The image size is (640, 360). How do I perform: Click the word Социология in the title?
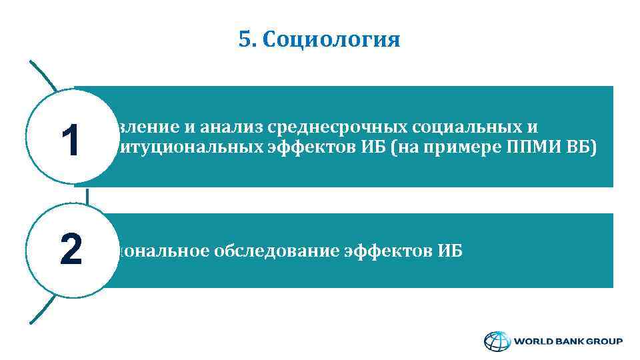(x=331, y=41)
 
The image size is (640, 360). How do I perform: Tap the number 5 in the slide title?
(x=243, y=40)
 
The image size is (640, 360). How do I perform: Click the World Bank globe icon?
(x=496, y=341)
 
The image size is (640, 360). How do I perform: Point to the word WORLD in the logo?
(x=532, y=341)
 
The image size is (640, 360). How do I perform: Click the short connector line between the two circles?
(x=87, y=196)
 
